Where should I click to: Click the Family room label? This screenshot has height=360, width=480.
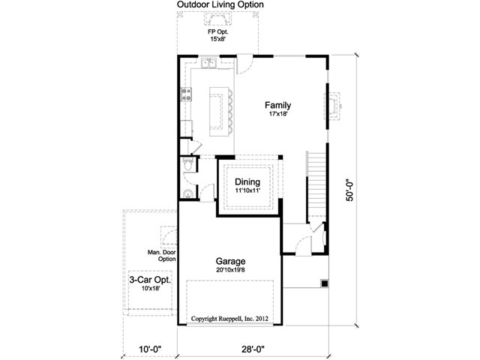point(277,106)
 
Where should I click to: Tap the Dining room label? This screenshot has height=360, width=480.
point(247,182)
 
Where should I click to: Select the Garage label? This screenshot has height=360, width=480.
point(230,261)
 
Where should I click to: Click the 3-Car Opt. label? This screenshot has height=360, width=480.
point(150,280)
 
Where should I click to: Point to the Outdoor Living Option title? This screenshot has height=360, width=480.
point(220,4)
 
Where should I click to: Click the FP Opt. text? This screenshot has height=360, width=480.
point(218,31)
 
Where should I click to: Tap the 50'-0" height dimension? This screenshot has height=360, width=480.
point(350,190)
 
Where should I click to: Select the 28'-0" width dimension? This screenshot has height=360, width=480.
point(253,349)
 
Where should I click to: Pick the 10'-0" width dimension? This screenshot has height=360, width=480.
point(150,349)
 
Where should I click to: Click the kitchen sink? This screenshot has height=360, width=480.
point(208,63)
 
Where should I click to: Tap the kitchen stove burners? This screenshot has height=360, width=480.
point(187,94)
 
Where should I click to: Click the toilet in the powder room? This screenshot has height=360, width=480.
point(187,164)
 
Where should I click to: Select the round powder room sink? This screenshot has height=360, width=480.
point(187,193)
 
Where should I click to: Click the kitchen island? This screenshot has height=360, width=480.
point(219,112)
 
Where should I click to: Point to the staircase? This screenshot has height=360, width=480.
point(316,187)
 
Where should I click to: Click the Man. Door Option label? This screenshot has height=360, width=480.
point(162,256)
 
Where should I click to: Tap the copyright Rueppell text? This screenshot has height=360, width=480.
point(229,319)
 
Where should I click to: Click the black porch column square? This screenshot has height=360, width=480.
point(325,283)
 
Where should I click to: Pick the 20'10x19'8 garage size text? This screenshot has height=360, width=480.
point(230,270)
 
